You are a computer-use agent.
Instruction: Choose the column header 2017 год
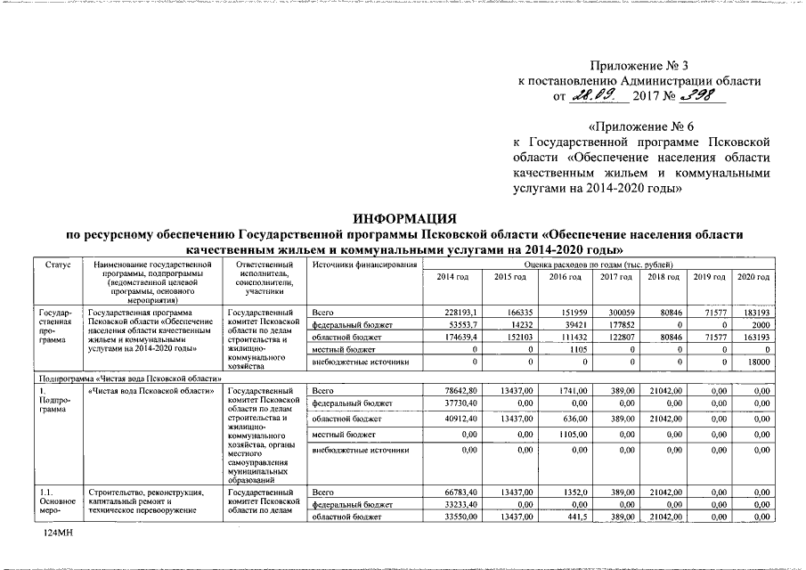[615, 278]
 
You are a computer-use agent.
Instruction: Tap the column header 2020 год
[753, 278]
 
